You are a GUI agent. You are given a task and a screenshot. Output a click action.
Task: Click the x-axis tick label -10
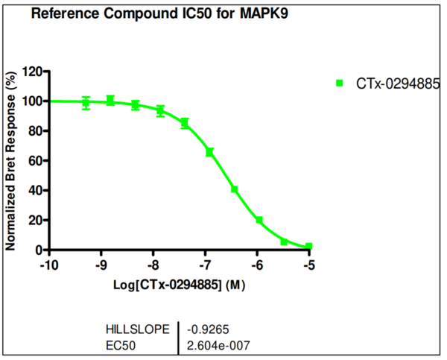point(49,265)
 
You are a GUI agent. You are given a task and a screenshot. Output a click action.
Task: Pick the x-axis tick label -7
point(205,265)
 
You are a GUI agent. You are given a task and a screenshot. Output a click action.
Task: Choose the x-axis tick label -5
point(309,265)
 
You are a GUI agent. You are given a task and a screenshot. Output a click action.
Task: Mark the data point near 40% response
point(234,189)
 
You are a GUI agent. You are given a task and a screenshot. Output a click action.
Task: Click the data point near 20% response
point(259,220)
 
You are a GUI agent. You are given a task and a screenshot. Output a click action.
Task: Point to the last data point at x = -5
point(308,246)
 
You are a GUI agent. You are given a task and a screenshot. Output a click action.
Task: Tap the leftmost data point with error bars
point(86,103)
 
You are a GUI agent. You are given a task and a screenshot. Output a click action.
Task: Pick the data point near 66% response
point(210,152)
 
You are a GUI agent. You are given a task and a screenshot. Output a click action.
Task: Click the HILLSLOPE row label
point(137,328)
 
